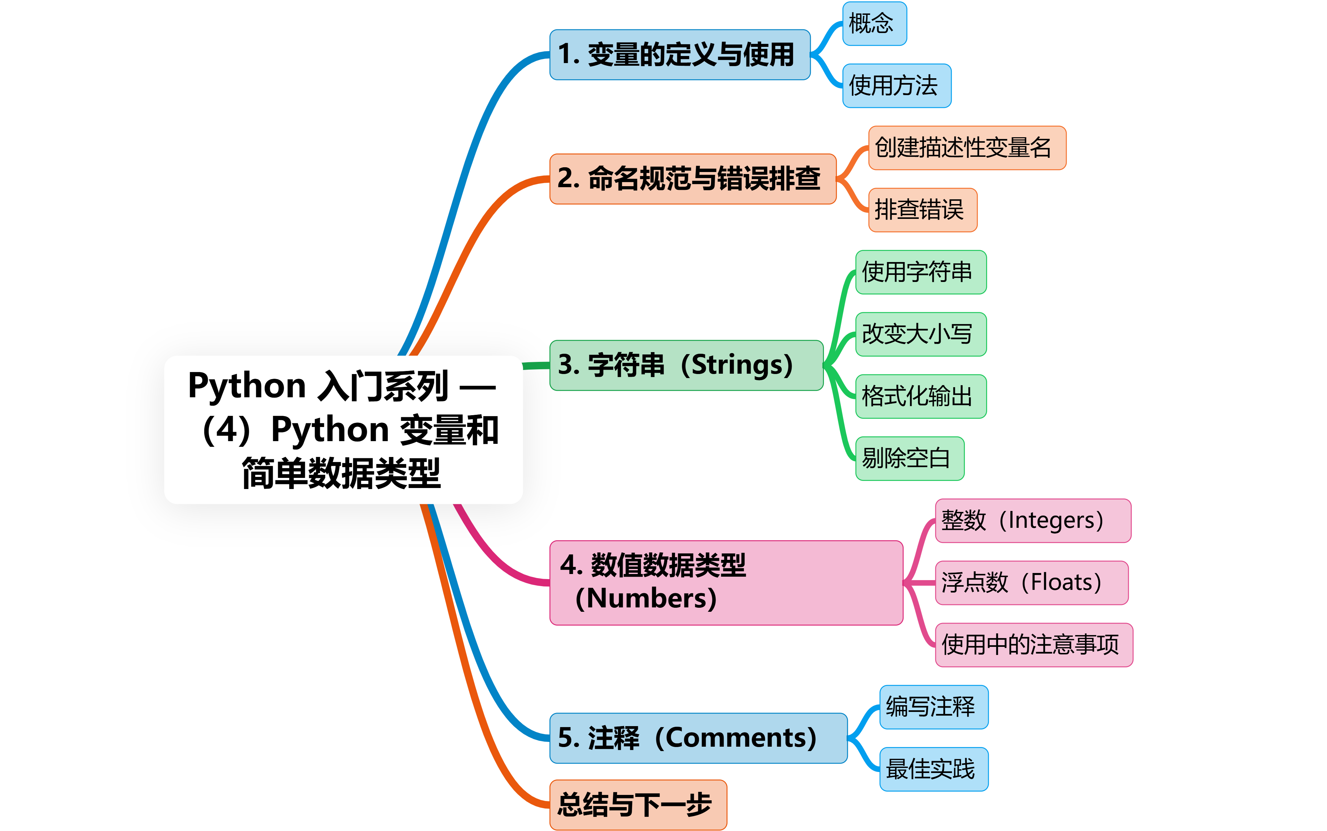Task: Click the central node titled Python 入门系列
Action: tap(343, 429)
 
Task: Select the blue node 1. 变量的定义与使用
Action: tap(679, 54)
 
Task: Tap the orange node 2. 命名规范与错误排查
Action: tap(692, 179)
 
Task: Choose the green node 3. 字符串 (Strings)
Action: tap(686, 365)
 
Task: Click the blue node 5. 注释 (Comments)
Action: tap(698, 738)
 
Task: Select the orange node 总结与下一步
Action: tap(638, 804)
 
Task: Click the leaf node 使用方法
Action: tap(896, 86)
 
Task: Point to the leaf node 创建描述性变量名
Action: tap(967, 148)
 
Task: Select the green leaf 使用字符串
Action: tap(920, 272)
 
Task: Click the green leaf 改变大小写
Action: tap(920, 334)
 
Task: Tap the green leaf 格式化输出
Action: tap(920, 396)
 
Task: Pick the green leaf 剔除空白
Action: tap(910, 458)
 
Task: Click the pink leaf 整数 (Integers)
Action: tap(1033, 520)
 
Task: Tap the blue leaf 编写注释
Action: tap(934, 707)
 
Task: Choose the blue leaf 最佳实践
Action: tap(934, 769)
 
